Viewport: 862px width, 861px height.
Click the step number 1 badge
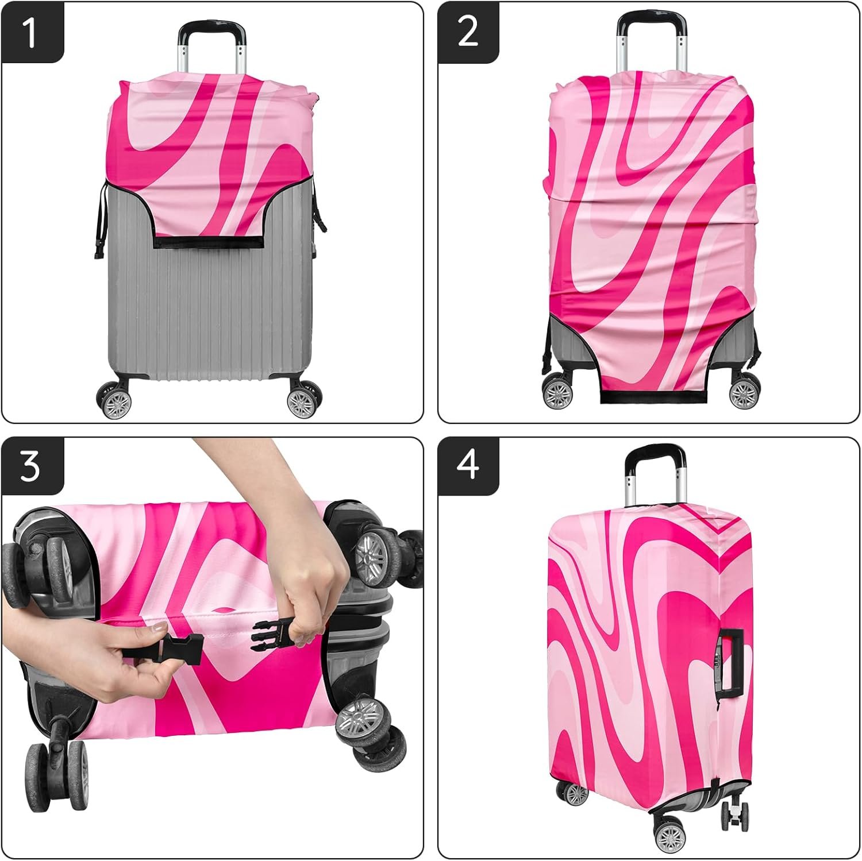[x=32, y=32]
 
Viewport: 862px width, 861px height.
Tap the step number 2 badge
[x=468, y=32]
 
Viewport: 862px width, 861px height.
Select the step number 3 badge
[x=32, y=466]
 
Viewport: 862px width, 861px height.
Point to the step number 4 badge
[x=468, y=466]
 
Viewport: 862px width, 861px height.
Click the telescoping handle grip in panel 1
[x=212, y=28]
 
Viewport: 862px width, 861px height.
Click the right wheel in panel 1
[x=302, y=399]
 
